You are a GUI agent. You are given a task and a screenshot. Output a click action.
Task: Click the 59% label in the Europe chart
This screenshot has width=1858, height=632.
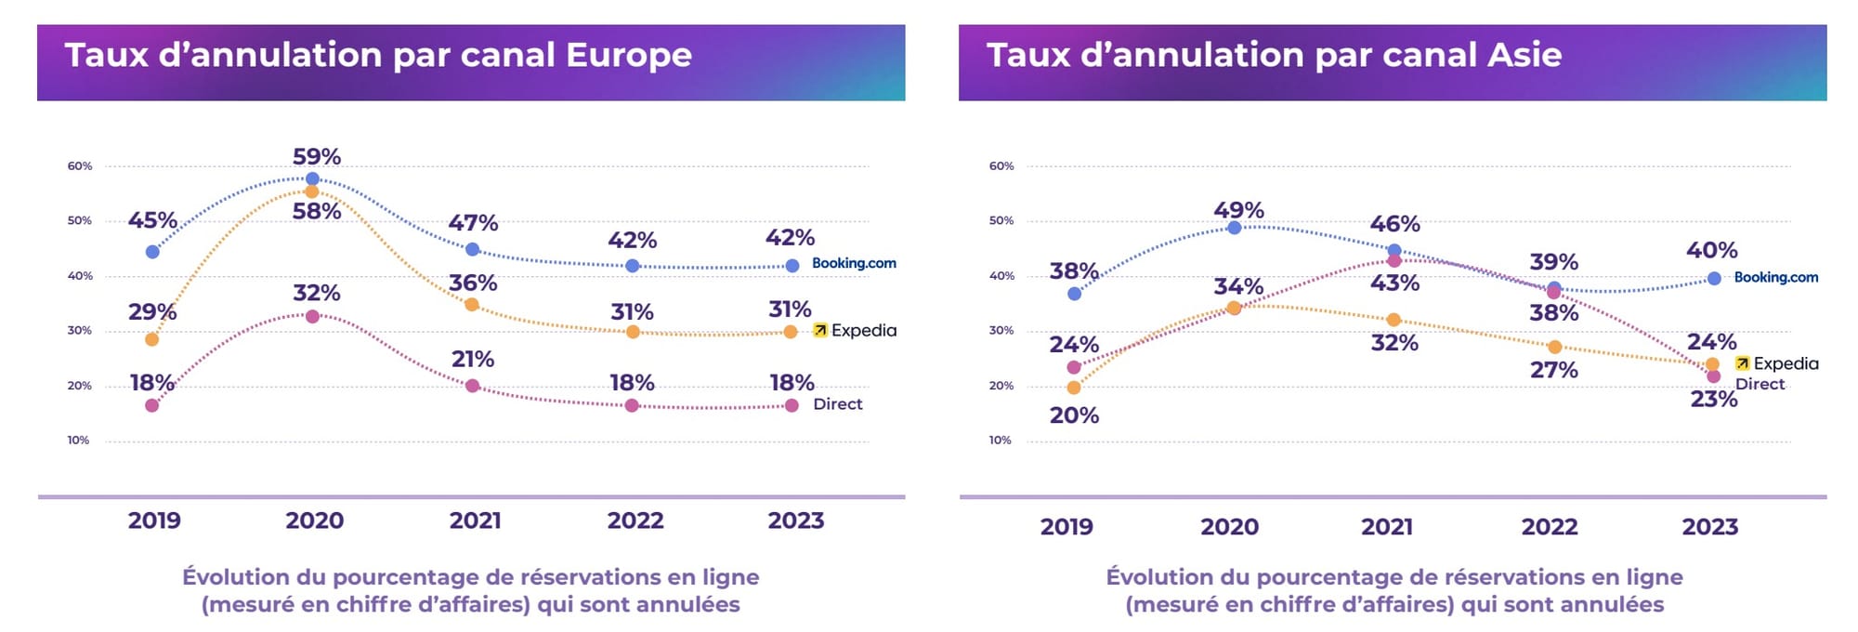pos(317,156)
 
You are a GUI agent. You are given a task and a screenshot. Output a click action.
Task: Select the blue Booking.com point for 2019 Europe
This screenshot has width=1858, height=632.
pos(152,252)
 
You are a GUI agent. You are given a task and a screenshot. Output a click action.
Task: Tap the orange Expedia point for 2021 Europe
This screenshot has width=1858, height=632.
pos(472,305)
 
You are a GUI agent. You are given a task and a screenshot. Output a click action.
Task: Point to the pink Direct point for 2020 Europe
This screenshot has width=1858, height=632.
pos(312,317)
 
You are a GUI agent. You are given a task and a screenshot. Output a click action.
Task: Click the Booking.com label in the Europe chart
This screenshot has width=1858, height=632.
pos(854,263)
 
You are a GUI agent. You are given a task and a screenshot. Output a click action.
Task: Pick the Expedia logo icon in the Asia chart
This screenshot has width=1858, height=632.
pos(1742,363)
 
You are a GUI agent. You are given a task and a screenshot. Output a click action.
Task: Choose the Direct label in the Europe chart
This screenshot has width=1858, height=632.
pos(837,404)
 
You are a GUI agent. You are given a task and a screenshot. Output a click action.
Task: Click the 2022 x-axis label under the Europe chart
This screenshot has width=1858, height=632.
pos(635,520)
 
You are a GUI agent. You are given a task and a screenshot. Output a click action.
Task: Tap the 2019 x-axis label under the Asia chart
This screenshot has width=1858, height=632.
pos(1066,527)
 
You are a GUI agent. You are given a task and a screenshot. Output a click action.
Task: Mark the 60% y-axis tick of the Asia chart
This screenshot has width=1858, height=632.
pos(1001,166)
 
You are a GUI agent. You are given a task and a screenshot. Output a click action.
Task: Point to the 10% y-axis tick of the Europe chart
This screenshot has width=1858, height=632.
pos(79,441)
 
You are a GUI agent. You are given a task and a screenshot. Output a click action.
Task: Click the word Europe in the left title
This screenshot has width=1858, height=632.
pos(629,55)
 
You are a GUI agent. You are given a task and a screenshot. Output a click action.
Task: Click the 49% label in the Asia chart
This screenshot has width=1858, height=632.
pos(1238,210)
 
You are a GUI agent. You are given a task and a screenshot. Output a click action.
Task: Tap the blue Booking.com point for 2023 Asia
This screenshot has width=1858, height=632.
pos(1714,279)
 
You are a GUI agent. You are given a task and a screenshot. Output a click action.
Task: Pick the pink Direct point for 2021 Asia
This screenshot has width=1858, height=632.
pos(1393,261)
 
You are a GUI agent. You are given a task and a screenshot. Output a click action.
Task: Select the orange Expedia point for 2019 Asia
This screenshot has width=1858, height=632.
pos(1074,388)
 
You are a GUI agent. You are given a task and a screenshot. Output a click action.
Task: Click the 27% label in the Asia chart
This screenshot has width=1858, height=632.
pos(1554,370)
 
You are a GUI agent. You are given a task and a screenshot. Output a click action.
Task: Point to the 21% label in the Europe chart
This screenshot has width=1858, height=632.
pos(473,359)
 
